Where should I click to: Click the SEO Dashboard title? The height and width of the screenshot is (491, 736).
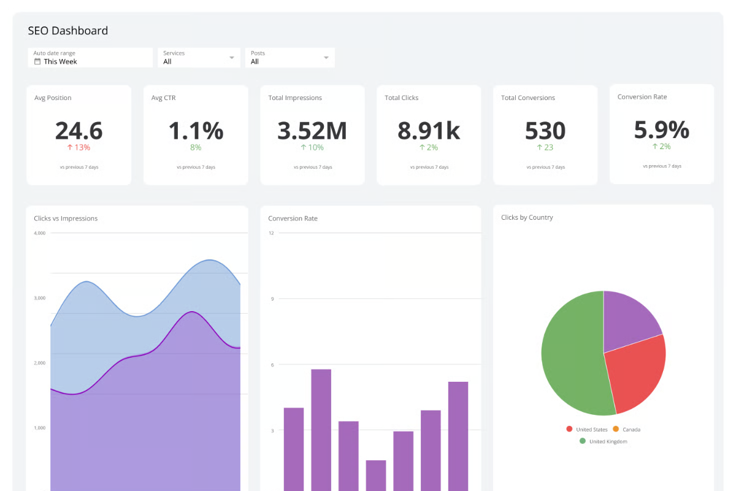(68, 31)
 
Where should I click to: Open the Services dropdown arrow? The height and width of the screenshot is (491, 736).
(232, 58)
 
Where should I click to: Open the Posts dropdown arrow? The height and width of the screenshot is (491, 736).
(326, 58)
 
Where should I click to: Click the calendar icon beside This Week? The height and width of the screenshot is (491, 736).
(37, 61)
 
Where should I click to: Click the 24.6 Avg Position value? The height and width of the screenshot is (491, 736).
(79, 131)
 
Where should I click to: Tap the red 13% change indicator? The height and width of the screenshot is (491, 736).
(79, 147)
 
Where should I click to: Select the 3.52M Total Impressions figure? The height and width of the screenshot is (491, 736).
(312, 131)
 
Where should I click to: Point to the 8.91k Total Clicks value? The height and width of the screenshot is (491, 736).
(429, 131)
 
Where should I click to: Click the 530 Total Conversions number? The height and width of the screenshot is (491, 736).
(545, 131)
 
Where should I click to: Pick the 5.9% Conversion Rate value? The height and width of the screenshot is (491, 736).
(661, 130)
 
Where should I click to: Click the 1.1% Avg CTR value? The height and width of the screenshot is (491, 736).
(196, 131)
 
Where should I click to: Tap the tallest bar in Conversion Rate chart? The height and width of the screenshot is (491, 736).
(321, 430)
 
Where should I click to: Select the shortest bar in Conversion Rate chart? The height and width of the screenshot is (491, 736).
(376, 476)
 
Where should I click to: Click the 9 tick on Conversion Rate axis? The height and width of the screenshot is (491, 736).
(272, 299)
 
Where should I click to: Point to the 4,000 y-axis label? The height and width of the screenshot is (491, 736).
(40, 233)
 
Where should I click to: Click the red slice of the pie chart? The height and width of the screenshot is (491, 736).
(638, 374)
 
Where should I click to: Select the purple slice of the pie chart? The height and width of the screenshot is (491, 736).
(629, 319)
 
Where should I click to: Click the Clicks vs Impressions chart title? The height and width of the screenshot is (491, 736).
(66, 218)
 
